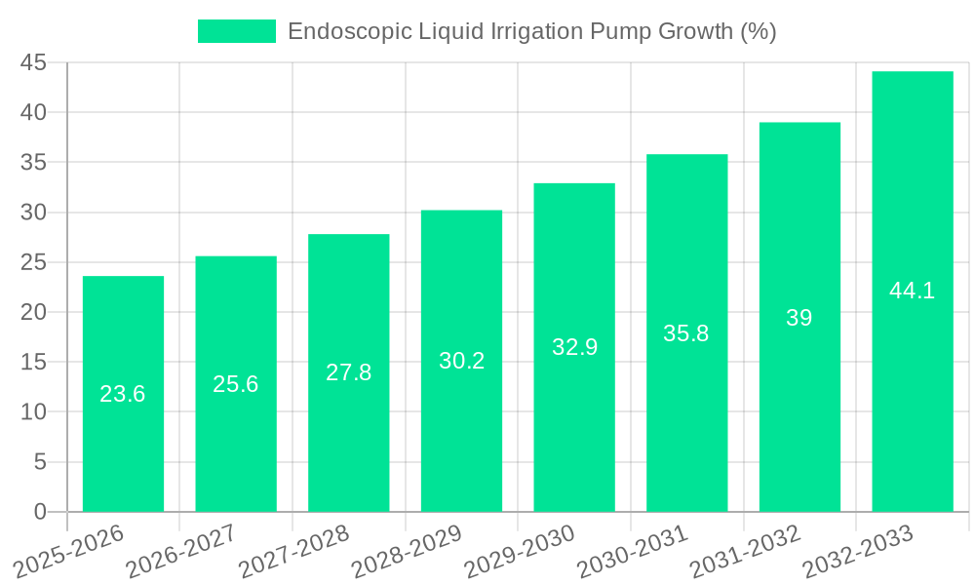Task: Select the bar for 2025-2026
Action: click(123, 439)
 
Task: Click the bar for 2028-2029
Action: click(461, 429)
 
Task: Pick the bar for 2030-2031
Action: click(686, 419)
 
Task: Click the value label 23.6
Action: click(123, 394)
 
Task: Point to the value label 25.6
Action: click(236, 384)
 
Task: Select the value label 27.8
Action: click(348, 372)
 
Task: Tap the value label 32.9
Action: click(574, 347)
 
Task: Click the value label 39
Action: click(799, 318)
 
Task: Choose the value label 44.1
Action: click(912, 291)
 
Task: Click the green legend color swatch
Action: click(237, 31)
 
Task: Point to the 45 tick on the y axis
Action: click(34, 62)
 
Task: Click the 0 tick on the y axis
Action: click(40, 512)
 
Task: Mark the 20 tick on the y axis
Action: click(34, 312)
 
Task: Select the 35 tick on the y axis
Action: click(34, 162)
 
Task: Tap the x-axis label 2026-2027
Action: click(181, 552)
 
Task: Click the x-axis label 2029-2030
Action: click(520, 552)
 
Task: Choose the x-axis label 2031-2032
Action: click(746, 552)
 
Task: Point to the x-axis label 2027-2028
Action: click(294, 552)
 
